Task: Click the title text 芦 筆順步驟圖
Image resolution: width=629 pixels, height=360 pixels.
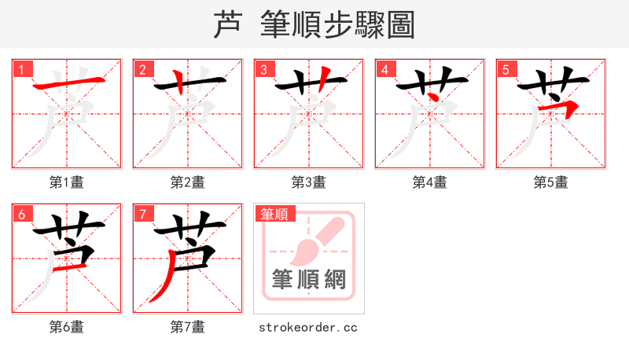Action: coord(314,24)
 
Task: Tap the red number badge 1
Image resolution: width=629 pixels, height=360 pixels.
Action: coord(21,69)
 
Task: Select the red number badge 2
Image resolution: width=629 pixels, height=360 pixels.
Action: coord(142,69)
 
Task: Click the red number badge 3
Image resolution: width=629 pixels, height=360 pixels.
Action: coord(263,69)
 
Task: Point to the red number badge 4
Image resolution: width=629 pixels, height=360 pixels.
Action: coord(384,69)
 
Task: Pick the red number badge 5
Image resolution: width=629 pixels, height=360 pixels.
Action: coord(506,69)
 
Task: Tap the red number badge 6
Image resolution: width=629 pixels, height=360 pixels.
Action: coord(21,214)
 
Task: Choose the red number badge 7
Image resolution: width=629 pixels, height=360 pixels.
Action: coord(142,214)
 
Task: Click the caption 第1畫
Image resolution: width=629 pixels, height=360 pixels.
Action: coord(67,182)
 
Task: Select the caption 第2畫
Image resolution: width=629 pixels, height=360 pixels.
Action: coord(188,182)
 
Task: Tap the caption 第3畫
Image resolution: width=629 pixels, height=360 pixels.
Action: coord(309,182)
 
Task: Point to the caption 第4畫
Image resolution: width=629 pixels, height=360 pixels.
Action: coord(430,182)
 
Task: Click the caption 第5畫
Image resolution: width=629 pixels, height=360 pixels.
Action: coord(551,182)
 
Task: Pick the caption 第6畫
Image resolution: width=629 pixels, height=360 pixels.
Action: coord(67,327)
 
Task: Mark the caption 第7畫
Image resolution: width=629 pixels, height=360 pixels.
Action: coord(188,327)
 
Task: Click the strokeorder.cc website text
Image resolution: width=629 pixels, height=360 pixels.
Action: coord(309,327)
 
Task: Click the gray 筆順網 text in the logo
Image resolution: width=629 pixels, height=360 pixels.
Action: coord(309,280)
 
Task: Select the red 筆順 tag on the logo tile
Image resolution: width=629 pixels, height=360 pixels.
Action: coord(274,214)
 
